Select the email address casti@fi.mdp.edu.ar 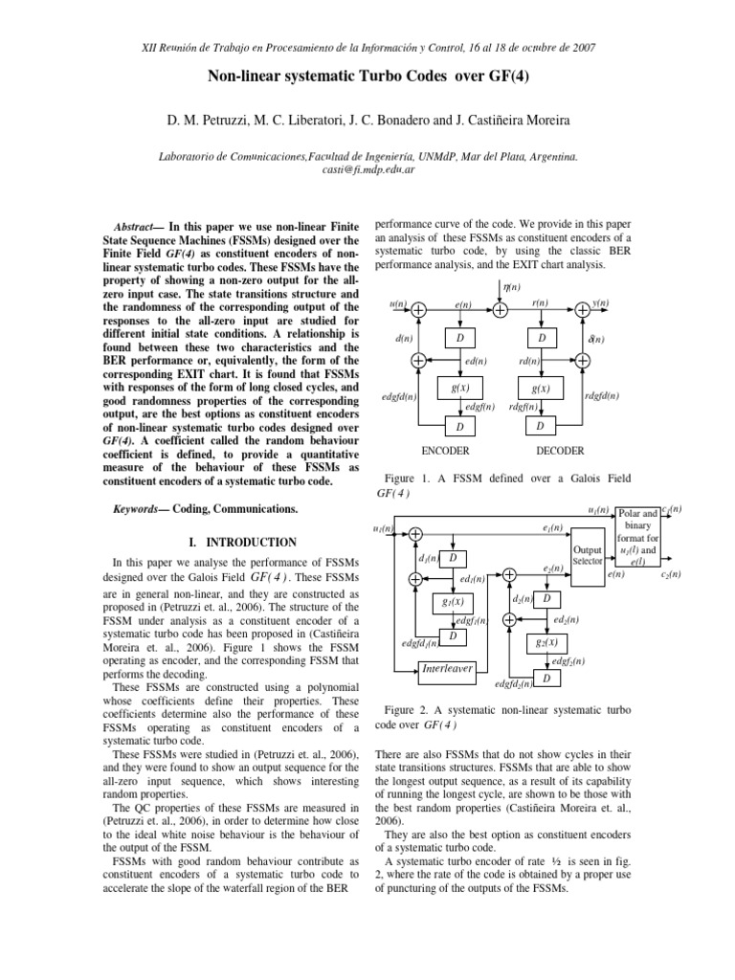(x=367, y=168)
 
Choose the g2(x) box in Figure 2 (x=546, y=643)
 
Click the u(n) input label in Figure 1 (x=398, y=303)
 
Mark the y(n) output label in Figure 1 (x=600, y=303)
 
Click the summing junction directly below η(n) (x=501, y=309)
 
